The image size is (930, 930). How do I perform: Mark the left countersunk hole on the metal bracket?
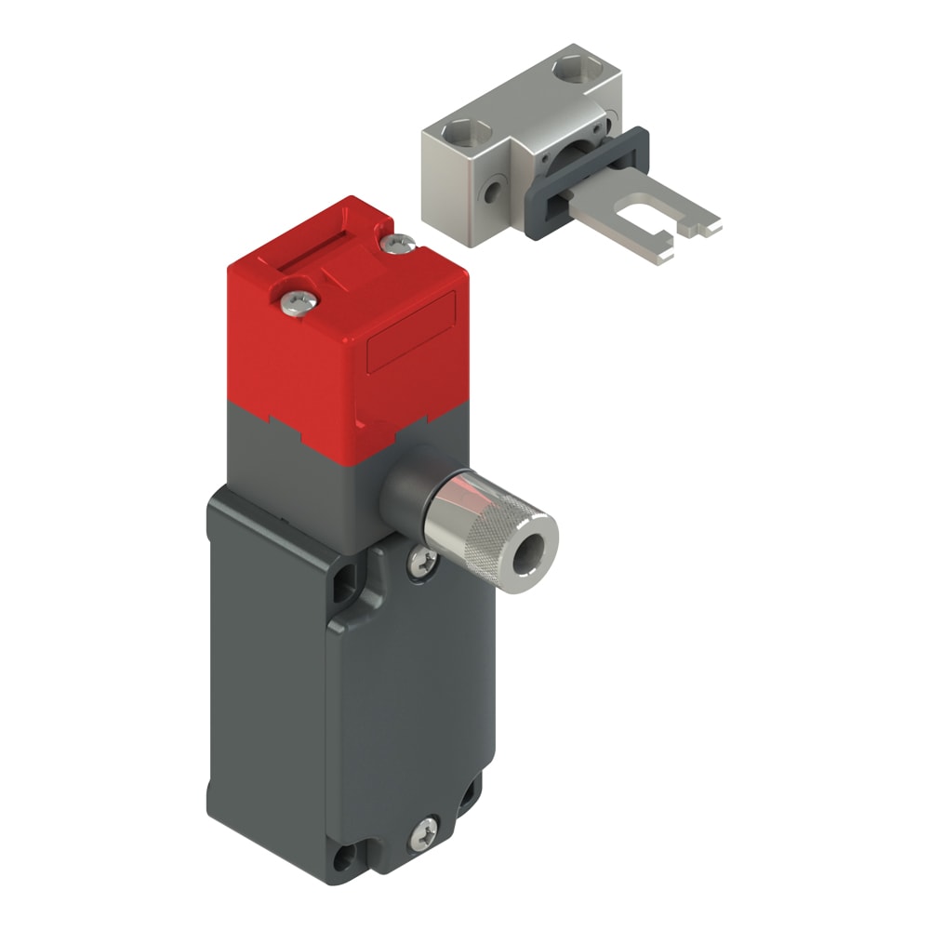click(459, 128)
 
